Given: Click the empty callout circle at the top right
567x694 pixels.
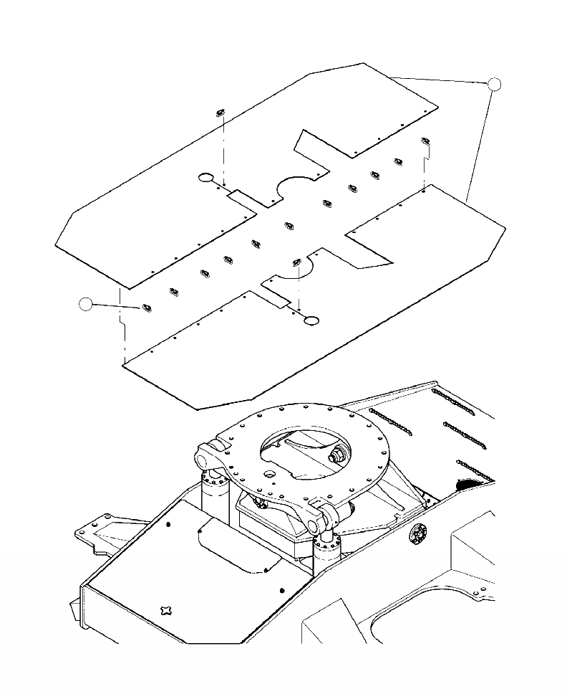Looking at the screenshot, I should (x=494, y=85).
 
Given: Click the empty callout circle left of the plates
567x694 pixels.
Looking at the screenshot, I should (x=87, y=304).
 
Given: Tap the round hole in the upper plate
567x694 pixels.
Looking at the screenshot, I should (x=205, y=177).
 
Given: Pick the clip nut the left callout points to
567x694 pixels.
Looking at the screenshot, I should (x=146, y=308).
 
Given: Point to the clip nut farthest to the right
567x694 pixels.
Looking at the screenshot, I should (x=425, y=141).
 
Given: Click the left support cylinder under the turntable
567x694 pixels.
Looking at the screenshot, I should (x=213, y=491).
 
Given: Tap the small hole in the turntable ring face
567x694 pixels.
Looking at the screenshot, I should (x=268, y=474).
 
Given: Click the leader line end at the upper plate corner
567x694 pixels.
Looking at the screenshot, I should (x=393, y=76).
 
